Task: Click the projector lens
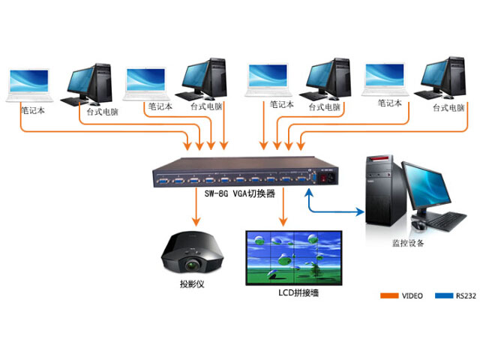tap(192, 264)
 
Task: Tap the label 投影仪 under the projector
tap(191, 284)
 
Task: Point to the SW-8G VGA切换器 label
tap(239, 192)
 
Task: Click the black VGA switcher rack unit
tap(240, 172)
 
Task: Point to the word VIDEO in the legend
tap(412, 295)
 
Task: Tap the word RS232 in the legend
tap(465, 295)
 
